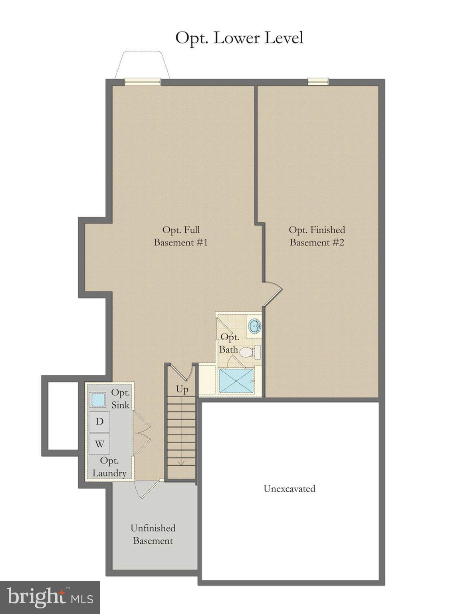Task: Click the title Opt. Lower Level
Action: coord(239,38)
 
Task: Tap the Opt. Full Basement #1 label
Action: coord(181,236)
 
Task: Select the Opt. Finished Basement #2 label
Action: coord(317,236)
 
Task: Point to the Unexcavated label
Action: coord(289,488)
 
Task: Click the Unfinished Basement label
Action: coord(153,534)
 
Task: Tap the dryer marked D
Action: coord(99,421)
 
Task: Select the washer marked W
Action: coord(99,444)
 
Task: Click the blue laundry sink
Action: coord(97,399)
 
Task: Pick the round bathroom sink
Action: coord(254,326)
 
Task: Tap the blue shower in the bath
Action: coord(236,381)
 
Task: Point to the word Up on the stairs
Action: coord(182,389)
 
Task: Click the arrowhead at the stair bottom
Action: coord(181,463)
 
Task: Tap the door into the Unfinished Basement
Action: coord(146,488)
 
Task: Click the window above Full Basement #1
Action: coord(142,82)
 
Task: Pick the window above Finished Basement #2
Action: coord(318,82)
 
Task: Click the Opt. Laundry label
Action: coord(109,467)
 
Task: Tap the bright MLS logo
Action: coord(50,598)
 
